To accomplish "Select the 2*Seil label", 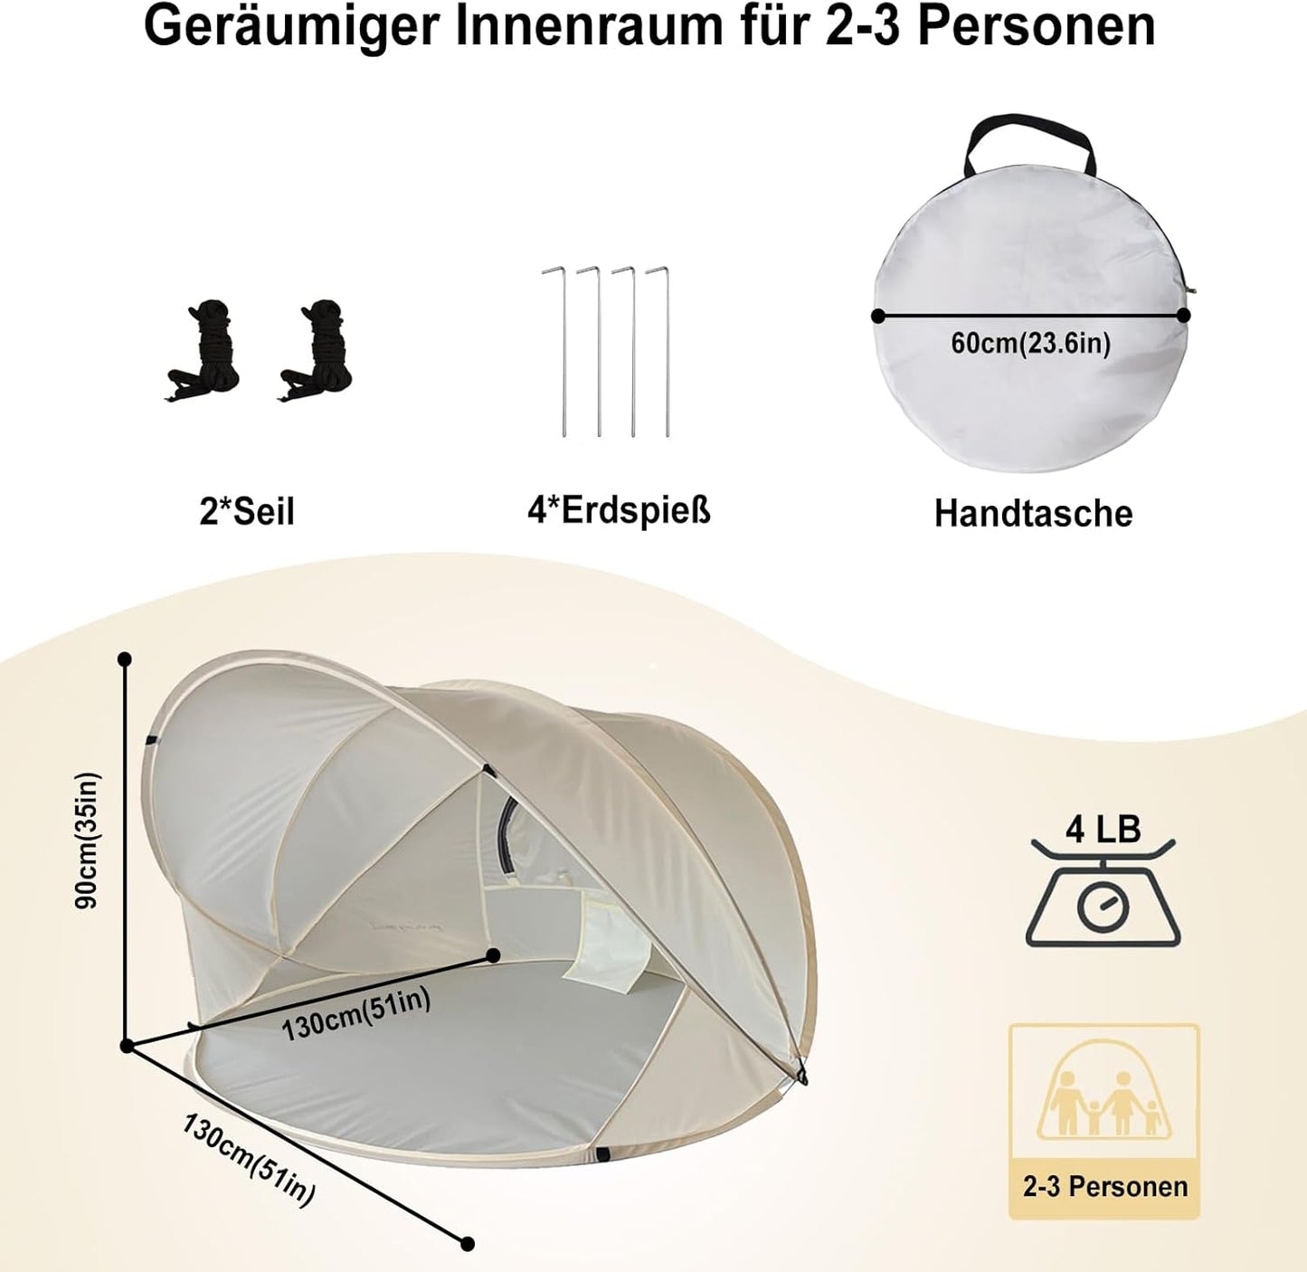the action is point(247,511).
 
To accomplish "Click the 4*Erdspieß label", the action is point(619,510).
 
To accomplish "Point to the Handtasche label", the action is point(1033,513).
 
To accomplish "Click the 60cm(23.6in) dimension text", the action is point(1031,344).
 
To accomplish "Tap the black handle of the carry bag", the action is point(1029,141).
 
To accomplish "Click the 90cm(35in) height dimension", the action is point(88,840).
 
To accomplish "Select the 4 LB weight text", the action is point(1103,830).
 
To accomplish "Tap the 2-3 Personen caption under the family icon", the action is point(1105,1187).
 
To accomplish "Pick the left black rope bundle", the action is point(203,351).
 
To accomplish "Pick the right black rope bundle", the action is point(317,351).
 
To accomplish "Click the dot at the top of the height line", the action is point(124,659).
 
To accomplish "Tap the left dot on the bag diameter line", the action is point(877,315).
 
